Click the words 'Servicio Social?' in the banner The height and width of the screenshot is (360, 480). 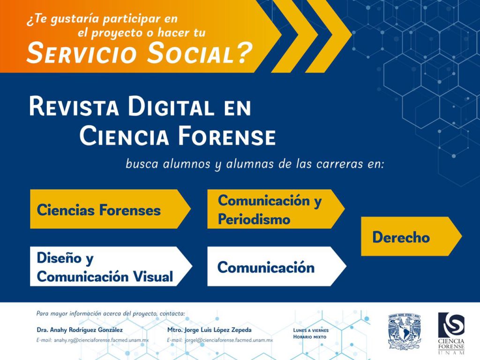[x=140, y=53]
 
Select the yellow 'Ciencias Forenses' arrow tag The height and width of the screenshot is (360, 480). [x=110, y=209]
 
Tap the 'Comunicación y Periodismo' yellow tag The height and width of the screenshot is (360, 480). [x=276, y=209]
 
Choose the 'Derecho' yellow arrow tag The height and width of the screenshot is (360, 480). [x=412, y=236]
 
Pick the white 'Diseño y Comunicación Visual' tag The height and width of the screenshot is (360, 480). [x=111, y=266]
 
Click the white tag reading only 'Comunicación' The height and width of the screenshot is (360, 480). [x=277, y=266]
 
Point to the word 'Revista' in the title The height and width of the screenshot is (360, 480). [x=74, y=106]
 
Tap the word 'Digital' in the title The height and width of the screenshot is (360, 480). [x=171, y=106]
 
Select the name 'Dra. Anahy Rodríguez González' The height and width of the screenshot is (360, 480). [x=80, y=330]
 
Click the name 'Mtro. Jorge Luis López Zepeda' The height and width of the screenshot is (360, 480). [x=210, y=330]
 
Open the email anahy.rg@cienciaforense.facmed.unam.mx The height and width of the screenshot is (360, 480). [x=101, y=340]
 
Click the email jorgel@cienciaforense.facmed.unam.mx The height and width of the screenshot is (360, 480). [x=229, y=340]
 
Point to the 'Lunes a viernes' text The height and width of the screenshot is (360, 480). [x=311, y=330]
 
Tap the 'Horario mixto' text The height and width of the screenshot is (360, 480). [x=310, y=337]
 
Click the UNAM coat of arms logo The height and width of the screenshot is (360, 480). [x=405, y=331]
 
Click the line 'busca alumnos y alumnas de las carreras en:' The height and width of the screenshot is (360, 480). [x=255, y=164]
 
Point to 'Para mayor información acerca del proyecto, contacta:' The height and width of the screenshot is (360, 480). [x=111, y=314]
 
